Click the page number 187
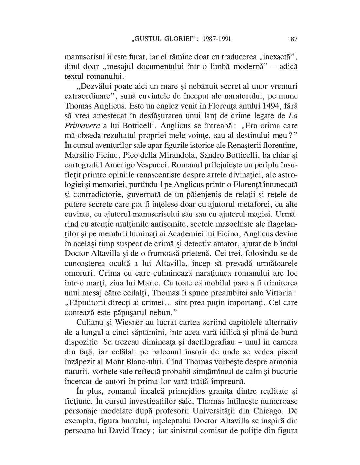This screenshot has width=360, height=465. [292, 39]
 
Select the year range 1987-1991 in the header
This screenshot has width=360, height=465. [217, 39]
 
